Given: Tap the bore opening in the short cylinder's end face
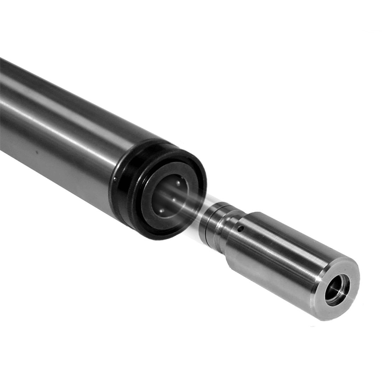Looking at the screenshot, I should [337, 289].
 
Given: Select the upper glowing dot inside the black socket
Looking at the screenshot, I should [178, 183].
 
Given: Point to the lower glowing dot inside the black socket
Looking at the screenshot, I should [161, 211].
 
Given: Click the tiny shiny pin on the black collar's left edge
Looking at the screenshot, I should [115, 179].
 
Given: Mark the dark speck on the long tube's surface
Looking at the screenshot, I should [36, 152].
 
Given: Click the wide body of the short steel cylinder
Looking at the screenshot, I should [276, 262].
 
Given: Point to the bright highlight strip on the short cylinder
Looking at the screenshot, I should [283, 248].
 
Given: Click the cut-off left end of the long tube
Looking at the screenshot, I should [4, 106].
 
